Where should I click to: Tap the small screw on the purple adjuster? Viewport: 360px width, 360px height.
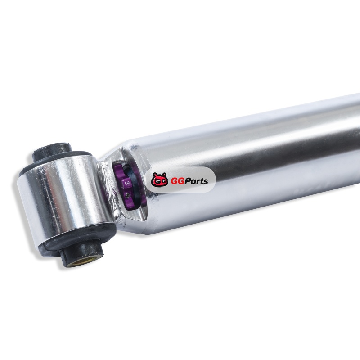pos(128,195)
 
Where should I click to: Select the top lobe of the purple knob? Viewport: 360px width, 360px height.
pos(119,169)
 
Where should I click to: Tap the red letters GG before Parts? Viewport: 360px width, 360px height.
pos(177,181)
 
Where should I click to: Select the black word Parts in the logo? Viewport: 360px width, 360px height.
pos(196,181)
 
